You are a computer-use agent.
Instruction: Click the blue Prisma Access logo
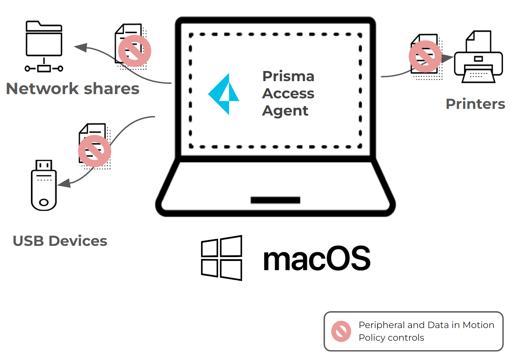tap(224, 94)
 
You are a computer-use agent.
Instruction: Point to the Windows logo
tap(221, 258)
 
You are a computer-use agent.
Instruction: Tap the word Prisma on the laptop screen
tap(288, 76)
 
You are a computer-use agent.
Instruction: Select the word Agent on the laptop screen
tap(285, 111)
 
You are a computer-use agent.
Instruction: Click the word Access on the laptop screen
tap(288, 93)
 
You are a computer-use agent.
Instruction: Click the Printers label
tap(475, 104)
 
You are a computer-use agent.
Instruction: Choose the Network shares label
tap(73, 89)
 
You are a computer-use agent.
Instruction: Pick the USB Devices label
tap(60, 241)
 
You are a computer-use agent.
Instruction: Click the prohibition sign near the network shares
tap(135, 51)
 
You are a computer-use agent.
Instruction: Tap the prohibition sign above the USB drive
tap(95, 151)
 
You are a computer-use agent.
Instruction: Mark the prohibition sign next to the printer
tap(425, 57)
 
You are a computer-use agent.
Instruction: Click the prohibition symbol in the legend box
tap(341, 331)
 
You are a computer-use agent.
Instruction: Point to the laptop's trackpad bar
tap(275, 200)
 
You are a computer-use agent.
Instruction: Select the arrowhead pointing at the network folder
tap(81, 47)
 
